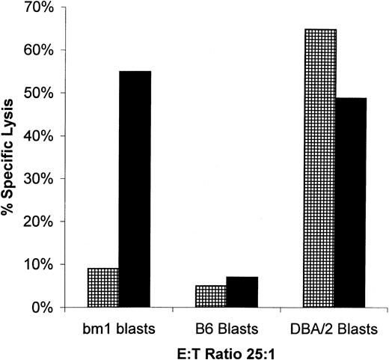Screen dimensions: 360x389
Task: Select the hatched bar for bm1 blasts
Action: coord(103,287)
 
